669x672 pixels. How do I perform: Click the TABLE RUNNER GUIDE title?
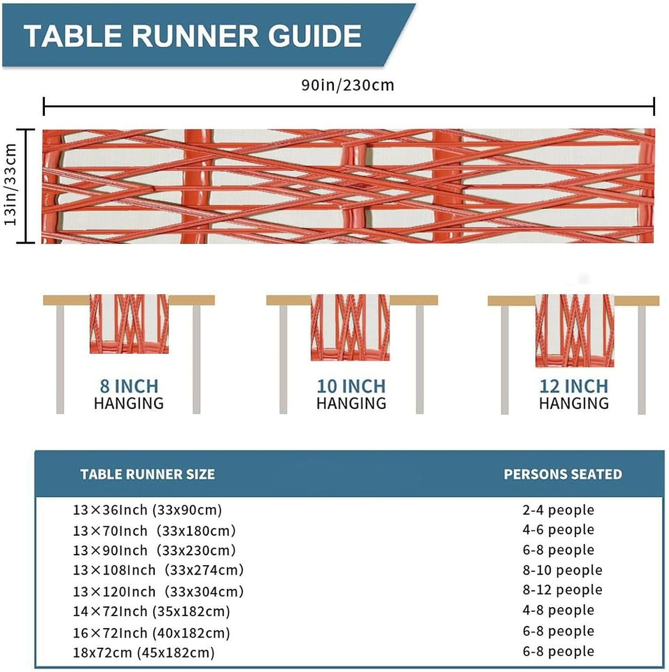193,36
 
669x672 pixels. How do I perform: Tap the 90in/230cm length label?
347,85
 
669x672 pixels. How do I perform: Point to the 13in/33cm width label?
11,185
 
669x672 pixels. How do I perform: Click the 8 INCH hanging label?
129,386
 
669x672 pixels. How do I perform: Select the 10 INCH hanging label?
351,386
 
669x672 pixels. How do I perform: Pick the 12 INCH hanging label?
574,386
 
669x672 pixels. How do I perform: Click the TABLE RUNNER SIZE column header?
147,474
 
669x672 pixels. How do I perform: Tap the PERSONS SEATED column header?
563,474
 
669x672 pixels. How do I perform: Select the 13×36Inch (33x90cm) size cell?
147,510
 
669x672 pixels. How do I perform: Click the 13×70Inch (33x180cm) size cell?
154,531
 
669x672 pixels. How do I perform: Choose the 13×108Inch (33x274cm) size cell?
158,570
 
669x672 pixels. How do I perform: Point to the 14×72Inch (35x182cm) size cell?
151,612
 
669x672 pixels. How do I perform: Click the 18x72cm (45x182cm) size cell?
144,653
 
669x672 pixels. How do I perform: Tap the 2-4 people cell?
558,510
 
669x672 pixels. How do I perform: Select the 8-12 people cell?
562,590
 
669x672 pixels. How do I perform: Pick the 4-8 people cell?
558,610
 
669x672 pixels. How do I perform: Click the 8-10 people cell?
562,570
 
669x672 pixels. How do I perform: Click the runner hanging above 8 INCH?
129,324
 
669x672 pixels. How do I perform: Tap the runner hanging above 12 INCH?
574,331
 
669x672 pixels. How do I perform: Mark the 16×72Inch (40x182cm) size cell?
151,633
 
